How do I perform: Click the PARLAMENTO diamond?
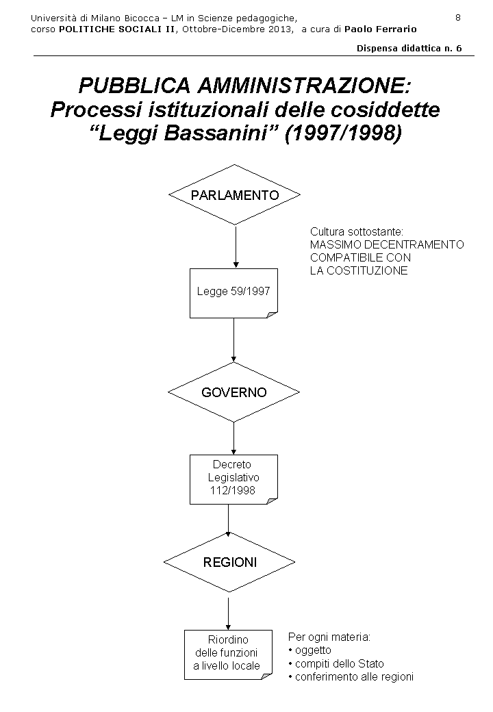pos(234,195)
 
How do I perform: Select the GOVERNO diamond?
pos(233,392)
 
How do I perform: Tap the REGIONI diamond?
pos(229,562)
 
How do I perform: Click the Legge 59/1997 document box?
pos(233,292)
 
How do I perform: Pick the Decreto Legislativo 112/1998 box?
pos(233,479)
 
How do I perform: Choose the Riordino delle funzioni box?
pos(228,653)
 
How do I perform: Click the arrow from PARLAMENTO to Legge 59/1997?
pos(235,246)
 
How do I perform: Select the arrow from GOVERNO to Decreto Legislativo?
pos(234,437)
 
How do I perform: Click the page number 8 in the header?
pos(457,16)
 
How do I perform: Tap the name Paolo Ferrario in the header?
pos(380,29)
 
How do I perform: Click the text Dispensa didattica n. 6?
pos(409,49)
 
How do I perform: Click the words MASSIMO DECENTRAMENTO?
pos(386,244)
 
